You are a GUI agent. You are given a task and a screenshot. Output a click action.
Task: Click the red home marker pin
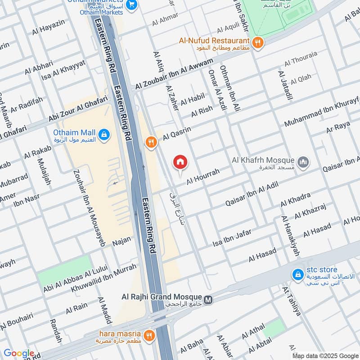180,162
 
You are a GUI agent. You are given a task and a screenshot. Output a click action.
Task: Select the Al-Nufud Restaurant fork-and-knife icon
258,43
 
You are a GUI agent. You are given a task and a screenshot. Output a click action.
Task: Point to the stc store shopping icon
297,274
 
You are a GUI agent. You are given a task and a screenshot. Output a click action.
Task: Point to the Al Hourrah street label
203,176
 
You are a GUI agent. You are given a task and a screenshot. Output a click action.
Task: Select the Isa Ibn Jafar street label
232,237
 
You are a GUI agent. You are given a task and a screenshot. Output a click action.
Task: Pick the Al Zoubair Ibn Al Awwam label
177,75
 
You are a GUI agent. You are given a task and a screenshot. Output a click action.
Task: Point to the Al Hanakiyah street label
290,236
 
